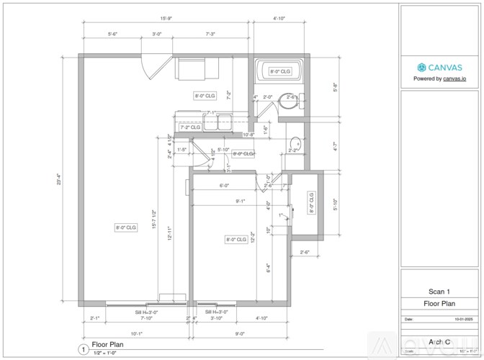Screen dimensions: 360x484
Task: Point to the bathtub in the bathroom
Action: coord(279,71)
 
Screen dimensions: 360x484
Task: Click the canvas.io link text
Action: coord(452,78)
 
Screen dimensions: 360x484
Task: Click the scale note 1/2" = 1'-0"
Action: coord(104,353)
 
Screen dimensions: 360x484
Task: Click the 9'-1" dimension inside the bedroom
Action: coord(239,202)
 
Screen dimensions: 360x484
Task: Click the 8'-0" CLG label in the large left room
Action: coord(126,228)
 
